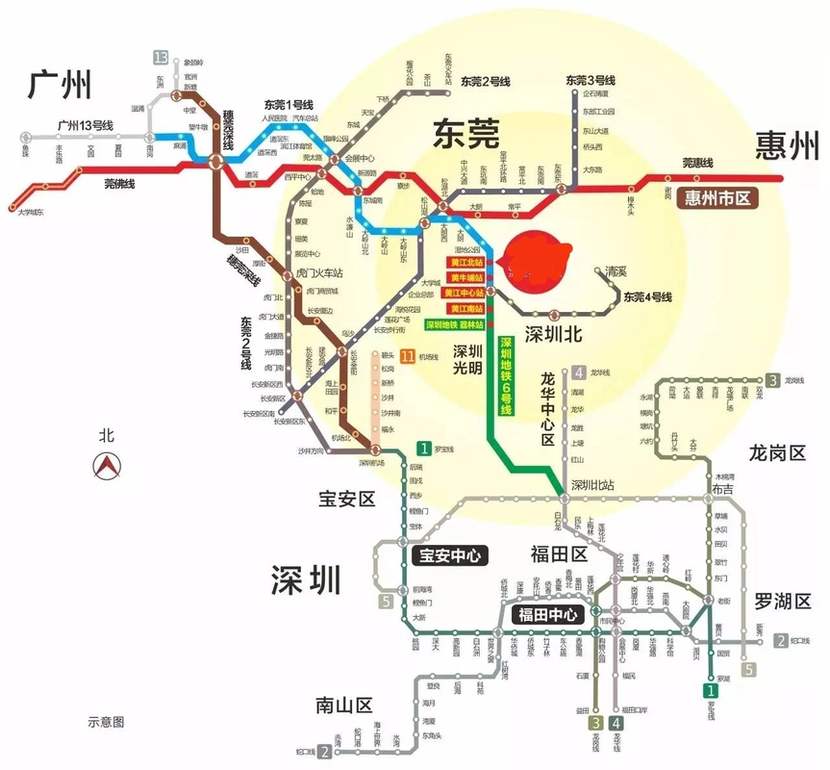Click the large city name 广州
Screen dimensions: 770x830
[59, 85]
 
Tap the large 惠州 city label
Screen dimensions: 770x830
[787, 146]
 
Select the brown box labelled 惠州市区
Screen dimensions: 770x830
[718, 198]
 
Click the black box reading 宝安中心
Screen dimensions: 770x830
[449, 555]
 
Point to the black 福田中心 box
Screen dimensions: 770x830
[548, 614]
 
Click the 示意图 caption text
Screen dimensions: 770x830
[106, 721]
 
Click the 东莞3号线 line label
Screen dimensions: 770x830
[590, 80]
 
